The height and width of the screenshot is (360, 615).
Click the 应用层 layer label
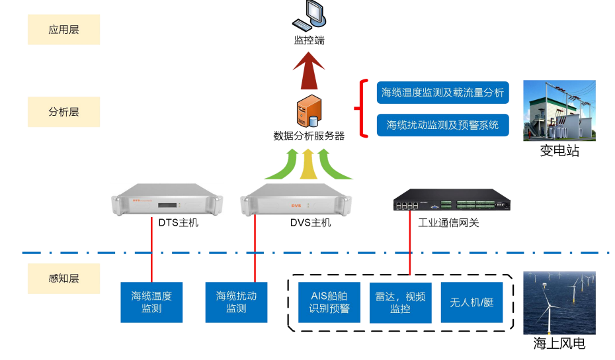tap(63, 30)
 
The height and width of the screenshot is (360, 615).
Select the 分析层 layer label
tap(63, 112)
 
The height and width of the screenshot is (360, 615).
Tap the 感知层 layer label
tap(63, 278)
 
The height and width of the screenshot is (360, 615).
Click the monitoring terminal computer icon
tap(309, 17)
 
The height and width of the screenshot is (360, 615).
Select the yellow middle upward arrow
tap(309, 164)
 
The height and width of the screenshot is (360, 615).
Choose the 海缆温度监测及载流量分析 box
tap(442, 93)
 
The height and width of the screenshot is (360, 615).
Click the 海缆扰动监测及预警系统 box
tap(442, 124)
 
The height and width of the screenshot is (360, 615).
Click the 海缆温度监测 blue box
tap(151, 302)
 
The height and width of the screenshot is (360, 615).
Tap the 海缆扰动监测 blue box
tap(236, 302)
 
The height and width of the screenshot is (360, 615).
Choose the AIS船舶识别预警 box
tap(329, 302)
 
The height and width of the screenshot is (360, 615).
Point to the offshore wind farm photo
tap(559, 302)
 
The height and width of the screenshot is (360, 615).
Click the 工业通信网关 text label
tap(448, 223)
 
